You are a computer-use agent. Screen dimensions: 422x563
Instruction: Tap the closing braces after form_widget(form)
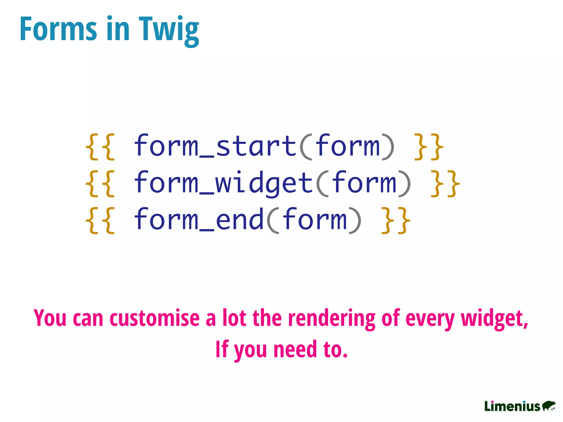pos(445,184)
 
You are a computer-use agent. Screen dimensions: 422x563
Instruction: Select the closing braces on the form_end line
pos(396,220)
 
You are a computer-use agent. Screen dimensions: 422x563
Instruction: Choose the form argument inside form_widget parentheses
pos(364,183)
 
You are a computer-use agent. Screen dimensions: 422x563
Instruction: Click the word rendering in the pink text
pos(332,319)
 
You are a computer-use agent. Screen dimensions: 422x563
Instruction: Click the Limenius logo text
pos(512,406)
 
